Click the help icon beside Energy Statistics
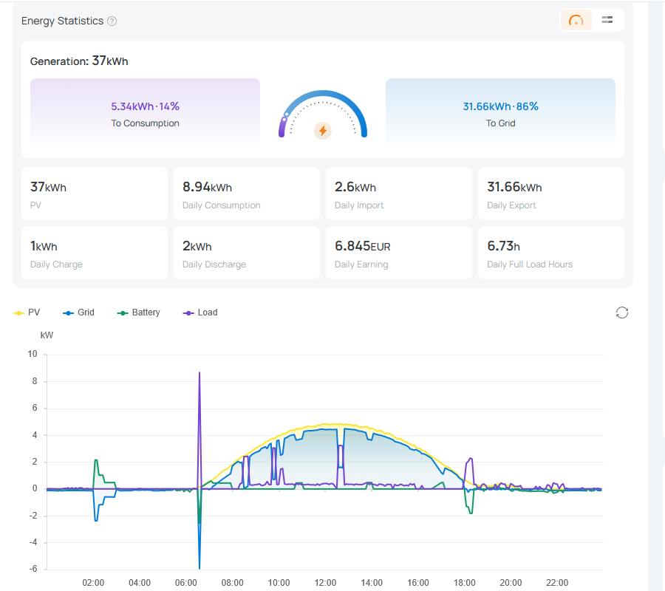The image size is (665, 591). (112, 21)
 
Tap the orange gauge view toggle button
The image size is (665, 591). (576, 20)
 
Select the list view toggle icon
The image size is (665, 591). (607, 19)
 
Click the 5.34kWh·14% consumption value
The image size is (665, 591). (145, 106)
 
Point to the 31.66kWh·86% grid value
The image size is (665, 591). (500, 106)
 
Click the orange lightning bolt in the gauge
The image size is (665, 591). (323, 131)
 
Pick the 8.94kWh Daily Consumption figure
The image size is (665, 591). (207, 187)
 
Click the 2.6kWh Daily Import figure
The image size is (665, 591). (355, 187)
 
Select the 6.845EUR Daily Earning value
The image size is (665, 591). (363, 246)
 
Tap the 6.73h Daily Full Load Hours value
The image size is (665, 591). (503, 246)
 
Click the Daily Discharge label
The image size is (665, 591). (214, 264)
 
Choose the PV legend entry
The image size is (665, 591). (27, 312)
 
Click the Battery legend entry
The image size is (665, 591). (139, 312)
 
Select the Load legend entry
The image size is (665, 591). (200, 312)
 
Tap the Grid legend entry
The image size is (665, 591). (78, 312)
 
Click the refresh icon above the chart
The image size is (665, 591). (621, 313)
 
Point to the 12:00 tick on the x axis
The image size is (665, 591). (325, 583)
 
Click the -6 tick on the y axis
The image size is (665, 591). (33, 569)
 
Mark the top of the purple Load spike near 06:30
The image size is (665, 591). (199, 372)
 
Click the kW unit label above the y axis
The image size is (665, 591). (47, 335)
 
